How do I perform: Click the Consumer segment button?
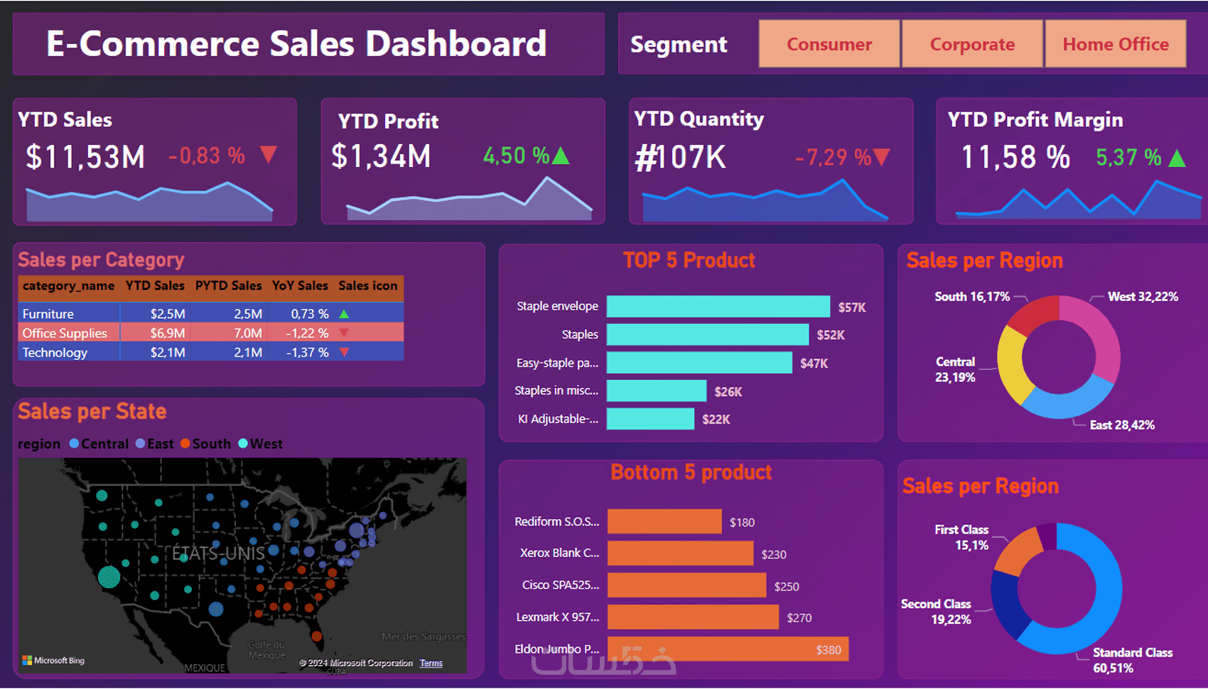[829, 44]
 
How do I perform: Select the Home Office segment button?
[1115, 44]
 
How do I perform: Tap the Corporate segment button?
[972, 44]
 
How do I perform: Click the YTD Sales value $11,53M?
[85, 157]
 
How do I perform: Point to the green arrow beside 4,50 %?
[561, 156]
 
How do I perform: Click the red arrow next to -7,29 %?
[881, 157]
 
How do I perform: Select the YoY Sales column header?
[300, 286]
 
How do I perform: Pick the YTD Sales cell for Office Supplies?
[168, 333]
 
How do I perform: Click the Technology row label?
[55, 352]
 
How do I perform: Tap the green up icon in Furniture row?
[345, 313]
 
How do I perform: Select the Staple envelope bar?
[718, 306]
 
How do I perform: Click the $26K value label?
[728, 391]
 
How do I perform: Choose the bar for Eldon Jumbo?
[728, 649]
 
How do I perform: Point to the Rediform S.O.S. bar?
[664, 521]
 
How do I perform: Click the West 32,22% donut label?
[1143, 296]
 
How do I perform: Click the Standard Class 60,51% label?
[1132, 660]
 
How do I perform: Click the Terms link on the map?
[431, 663]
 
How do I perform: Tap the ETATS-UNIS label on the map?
[218, 553]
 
